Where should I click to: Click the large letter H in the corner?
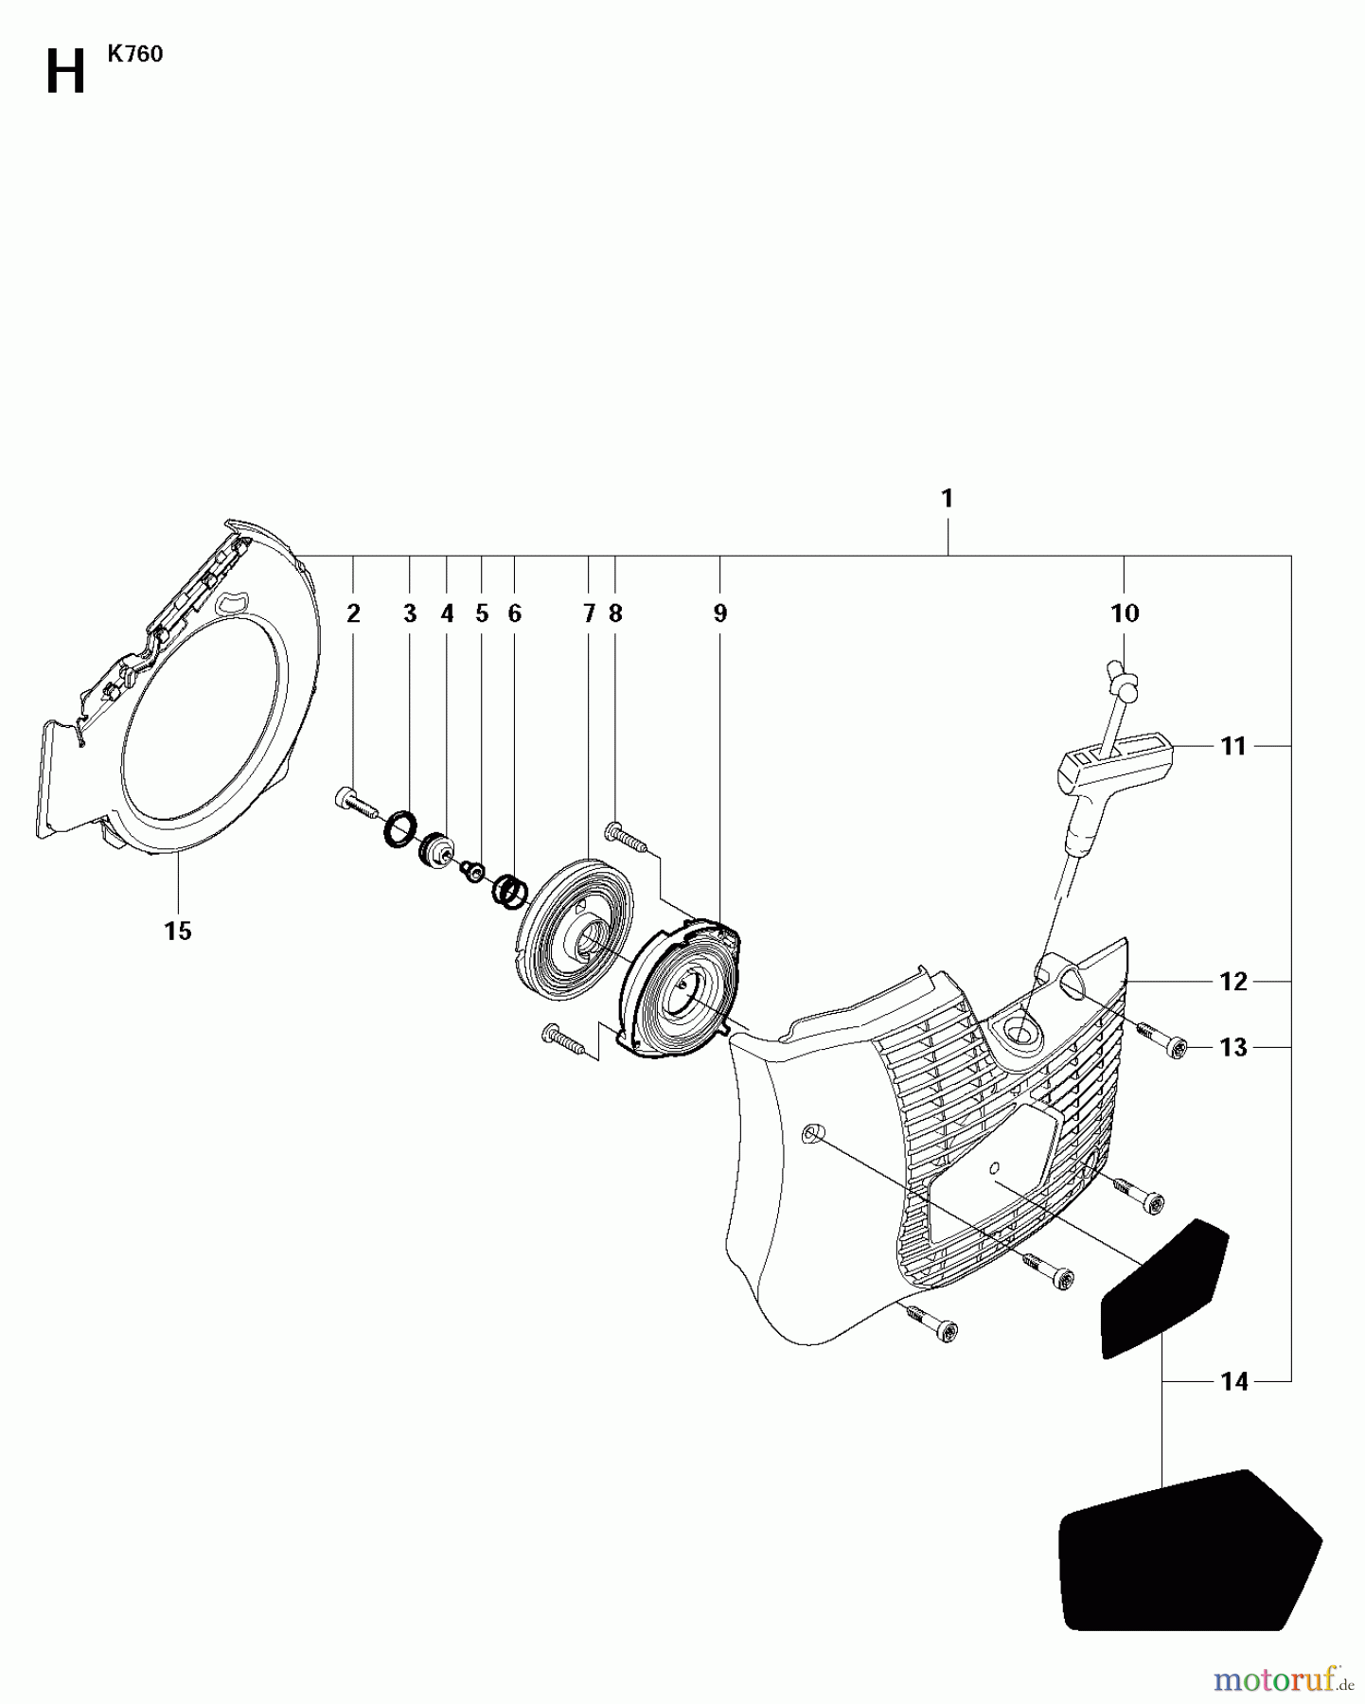[65, 73]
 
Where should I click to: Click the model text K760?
[134, 55]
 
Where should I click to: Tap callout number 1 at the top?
[947, 499]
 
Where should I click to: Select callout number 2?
[353, 614]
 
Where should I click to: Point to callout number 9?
[720, 614]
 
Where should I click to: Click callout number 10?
[1125, 614]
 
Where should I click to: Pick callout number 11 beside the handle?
[1233, 747]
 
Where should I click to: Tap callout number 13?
[1233, 1048]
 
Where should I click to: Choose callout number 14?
[1233, 1382]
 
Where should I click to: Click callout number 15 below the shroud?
[178, 932]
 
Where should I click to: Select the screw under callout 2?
[354, 802]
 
